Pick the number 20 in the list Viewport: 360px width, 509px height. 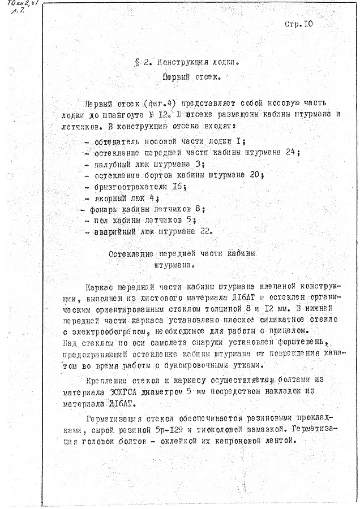(x=258, y=175)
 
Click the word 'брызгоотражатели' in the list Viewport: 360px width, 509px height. (x=130, y=186)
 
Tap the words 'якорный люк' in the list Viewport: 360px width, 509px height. (x=118, y=197)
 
